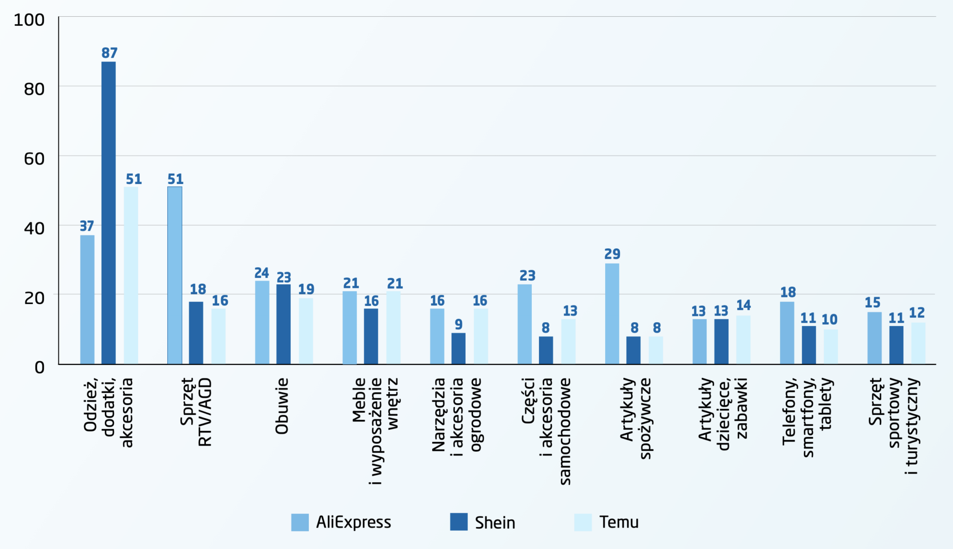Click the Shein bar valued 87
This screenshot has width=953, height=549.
(109, 213)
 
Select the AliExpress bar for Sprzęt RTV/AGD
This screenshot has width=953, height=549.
(174, 275)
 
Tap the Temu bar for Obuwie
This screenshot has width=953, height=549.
(306, 331)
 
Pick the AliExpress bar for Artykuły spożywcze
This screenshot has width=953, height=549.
(612, 314)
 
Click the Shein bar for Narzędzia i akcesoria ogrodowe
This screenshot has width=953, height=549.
(458, 348)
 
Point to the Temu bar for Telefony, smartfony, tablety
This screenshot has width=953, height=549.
(831, 346)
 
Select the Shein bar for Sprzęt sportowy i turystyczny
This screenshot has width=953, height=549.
(896, 345)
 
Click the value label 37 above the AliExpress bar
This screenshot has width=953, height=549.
(87, 226)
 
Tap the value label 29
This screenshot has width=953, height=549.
(612, 254)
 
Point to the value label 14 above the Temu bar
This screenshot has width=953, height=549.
(743, 305)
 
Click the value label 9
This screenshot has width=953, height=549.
(458, 325)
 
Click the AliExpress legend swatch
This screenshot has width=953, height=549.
(300, 522)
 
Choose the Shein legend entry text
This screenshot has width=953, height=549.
(495, 523)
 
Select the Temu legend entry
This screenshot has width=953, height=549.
(618, 522)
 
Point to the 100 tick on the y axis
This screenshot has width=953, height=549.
(29, 20)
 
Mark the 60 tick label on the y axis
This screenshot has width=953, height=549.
(34, 159)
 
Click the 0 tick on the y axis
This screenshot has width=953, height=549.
(40, 367)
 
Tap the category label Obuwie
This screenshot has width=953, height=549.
(282, 406)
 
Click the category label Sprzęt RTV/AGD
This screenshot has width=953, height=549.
(196, 412)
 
